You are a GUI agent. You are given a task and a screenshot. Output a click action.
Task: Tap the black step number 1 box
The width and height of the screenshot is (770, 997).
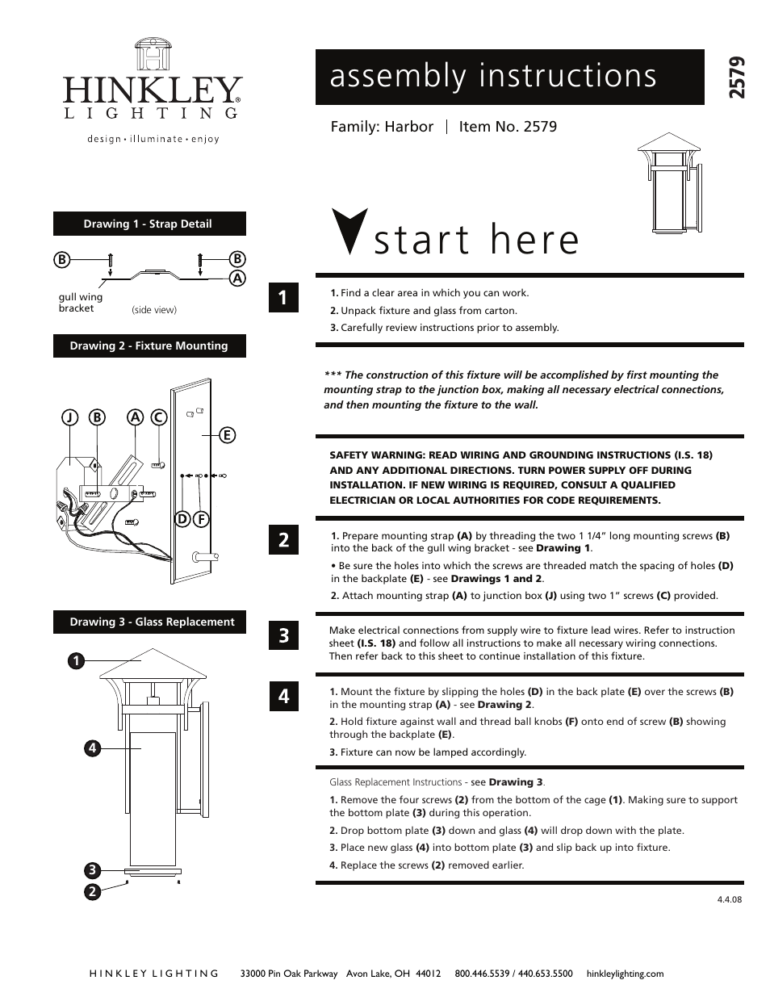pyautogui.click(x=283, y=298)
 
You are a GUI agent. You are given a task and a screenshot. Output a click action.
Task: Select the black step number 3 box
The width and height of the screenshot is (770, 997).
pyautogui.click(x=283, y=635)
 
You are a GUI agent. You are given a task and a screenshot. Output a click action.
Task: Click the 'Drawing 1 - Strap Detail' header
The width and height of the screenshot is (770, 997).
pyautogui.click(x=149, y=224)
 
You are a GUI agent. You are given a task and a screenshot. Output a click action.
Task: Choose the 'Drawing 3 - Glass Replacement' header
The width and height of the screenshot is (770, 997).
pyautogui.click(x=151, y=622)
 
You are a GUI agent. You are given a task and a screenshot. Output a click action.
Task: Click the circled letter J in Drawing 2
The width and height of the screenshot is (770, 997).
pyautogui.click(x=70, y=417)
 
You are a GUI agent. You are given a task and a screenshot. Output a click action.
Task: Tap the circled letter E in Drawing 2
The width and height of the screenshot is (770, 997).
pyautogui.click(x=227, y=435)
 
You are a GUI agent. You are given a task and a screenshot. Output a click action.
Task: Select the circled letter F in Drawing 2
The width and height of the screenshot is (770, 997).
pyautogui.click(x=201, y=518)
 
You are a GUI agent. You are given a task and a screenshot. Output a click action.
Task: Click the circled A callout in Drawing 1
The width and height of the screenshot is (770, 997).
pyautogui.click(x=237, y=278)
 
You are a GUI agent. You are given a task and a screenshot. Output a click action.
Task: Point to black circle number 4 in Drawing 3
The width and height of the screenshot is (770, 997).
pyautogui.click(x=93, y=748)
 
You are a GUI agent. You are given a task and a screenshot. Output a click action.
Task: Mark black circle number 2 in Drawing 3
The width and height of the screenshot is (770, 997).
pyautogui.click(x=92, y=891)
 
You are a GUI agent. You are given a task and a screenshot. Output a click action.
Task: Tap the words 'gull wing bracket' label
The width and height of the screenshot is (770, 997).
pyautogui.click(x=80, y=303)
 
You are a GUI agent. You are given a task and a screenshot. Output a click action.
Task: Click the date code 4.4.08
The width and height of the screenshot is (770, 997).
pyautogui.click(x=729, y=899)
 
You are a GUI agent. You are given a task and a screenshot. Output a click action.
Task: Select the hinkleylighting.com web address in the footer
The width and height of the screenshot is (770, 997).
pyautogui.click(x=625, y=974)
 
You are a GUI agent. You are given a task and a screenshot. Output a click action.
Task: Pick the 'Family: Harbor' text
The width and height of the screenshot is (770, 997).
pyautogui.click(x=382, y=127)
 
